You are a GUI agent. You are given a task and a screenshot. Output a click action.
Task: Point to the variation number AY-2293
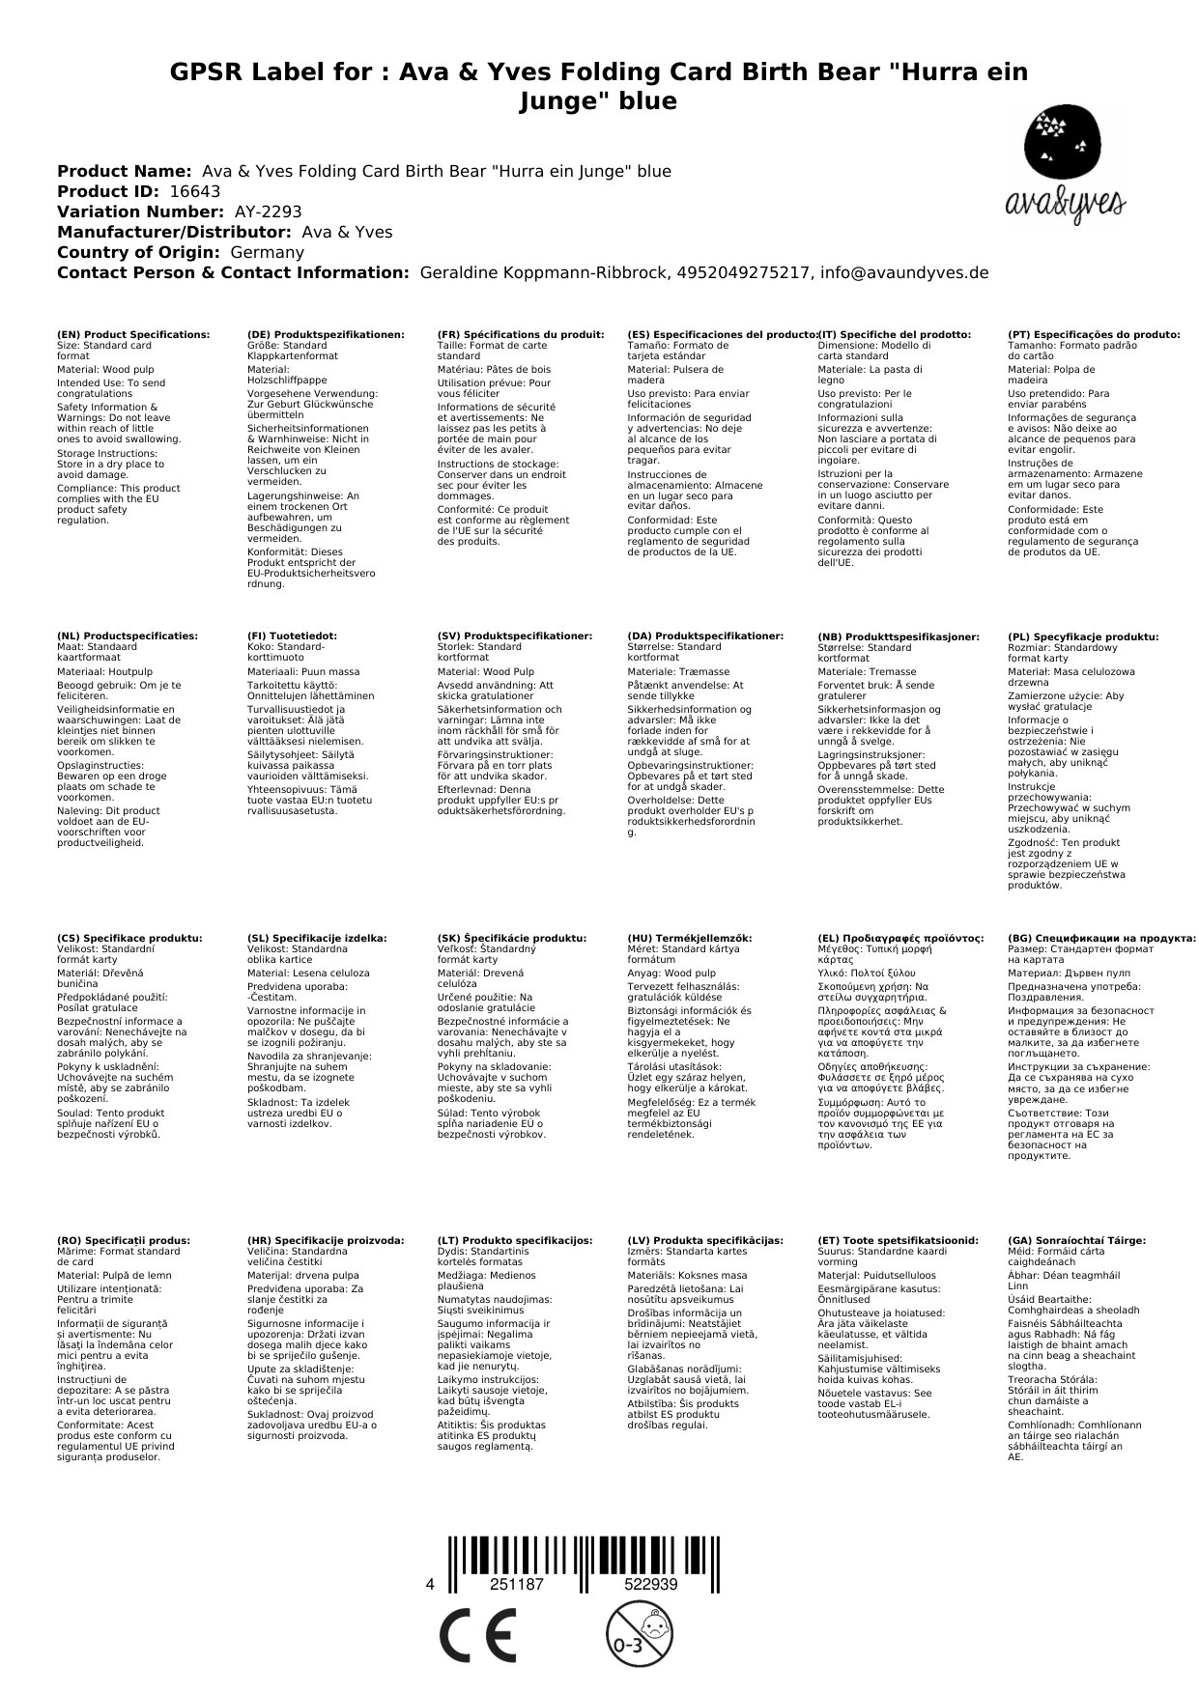coord(268,212)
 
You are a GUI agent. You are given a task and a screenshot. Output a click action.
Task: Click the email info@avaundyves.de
coord(904,272)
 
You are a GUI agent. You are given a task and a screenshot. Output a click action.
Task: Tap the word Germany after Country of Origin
coord(267,252)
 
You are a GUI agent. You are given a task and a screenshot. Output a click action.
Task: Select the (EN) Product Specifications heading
coord(133,334)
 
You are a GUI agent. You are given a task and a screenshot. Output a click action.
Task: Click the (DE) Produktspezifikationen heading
coord(326,334)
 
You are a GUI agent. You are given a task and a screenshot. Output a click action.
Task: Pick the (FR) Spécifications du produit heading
coord(521,334)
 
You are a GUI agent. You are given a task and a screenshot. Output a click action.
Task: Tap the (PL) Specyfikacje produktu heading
coord(1083,637)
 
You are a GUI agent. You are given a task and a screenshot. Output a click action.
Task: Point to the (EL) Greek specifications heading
coord(900,938)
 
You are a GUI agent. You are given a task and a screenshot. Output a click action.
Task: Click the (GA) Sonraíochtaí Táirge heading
coord(1076,1240)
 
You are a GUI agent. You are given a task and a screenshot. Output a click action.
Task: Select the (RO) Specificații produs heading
coord(124,1240)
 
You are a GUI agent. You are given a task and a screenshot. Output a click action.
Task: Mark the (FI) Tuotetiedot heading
coord(292,636)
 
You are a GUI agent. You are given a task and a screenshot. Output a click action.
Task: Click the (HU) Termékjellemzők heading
coord(689,938)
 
